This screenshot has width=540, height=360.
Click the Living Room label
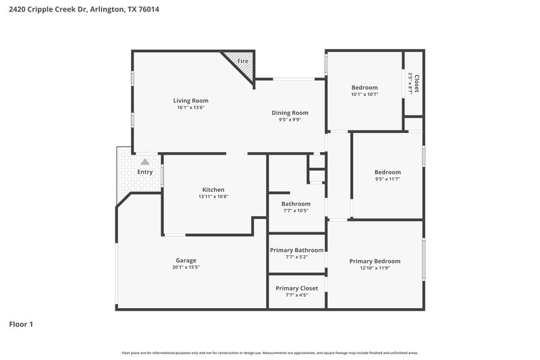click(x=190, y=101)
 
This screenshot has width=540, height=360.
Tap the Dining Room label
click(x=290, y=113)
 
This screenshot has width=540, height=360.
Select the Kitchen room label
click(x=213, y=190)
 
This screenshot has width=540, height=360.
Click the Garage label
click(x=186, y=260)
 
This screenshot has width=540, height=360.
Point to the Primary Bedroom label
click(x=375, y=261)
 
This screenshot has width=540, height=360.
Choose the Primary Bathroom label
click(x=296, y=250)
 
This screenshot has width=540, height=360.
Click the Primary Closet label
click(x=296, y=288)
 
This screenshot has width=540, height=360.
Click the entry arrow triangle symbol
click(x=144, y=162)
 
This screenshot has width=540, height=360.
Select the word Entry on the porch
click(x=145, y=172)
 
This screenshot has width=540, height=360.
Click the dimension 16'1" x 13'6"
click(x=190, y=107)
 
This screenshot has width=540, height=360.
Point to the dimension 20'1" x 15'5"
click(x=186, y=267)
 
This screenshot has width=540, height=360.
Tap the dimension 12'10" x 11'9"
click(x=375, y=269)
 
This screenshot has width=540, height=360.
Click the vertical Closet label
click(x=416, y=84)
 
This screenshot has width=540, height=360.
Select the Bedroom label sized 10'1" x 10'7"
click(x=364, y=87)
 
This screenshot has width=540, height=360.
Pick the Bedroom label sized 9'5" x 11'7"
click(x=387, y=172)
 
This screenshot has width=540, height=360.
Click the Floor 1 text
click(x=21, y=325)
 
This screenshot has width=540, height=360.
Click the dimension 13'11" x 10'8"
click(x=213, y=197)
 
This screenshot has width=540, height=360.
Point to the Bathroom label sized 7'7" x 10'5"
click(x=296, y=204)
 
